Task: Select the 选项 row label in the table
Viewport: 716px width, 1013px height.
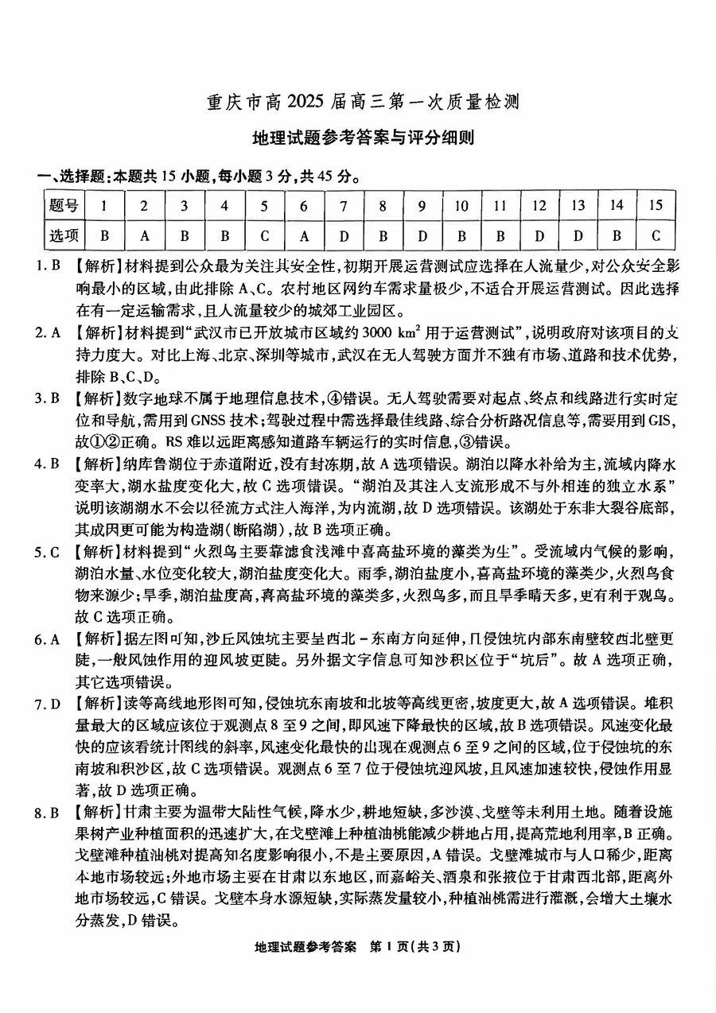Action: coord(64,235)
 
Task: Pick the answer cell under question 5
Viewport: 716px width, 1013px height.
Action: coord(264,235)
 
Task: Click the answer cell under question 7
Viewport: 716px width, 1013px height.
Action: coord(344,235)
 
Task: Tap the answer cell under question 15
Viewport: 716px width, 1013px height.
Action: coord(656,235)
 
